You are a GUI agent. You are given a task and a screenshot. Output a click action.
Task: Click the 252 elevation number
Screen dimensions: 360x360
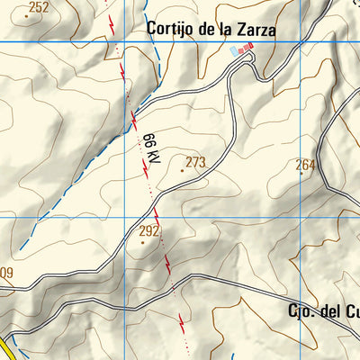[38, 8]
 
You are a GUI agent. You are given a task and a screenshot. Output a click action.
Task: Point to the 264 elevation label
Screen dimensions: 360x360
[306, 165]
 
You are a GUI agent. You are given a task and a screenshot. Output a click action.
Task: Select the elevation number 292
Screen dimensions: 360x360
[148, 231]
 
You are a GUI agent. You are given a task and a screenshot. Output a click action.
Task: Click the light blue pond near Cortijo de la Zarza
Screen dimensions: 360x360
[236, 51]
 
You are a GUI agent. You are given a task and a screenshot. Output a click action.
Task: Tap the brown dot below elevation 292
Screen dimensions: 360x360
[142, 242]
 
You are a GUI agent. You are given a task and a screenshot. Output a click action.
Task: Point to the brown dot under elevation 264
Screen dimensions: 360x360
[302, 174]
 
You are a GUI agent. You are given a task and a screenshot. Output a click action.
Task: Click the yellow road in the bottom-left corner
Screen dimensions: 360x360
[4, 349]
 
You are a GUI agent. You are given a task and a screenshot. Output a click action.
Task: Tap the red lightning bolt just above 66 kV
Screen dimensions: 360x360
[134, 117]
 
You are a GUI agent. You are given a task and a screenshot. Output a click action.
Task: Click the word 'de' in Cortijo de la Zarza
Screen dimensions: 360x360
[206, 29]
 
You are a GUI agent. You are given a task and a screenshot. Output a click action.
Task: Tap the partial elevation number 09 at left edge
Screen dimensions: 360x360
[6, 273]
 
